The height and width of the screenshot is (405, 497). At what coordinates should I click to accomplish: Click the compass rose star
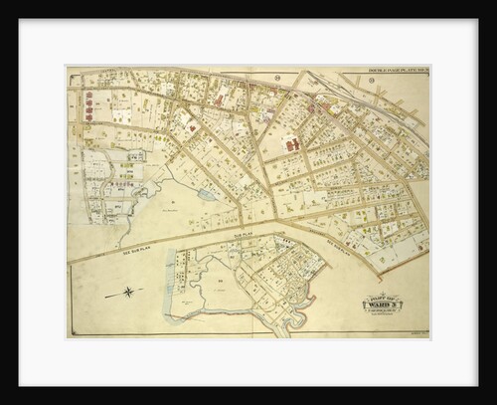point(131,292)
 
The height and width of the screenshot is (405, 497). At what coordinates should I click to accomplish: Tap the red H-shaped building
point(292,145)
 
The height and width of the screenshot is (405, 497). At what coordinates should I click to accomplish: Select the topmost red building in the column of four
point(88,96)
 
